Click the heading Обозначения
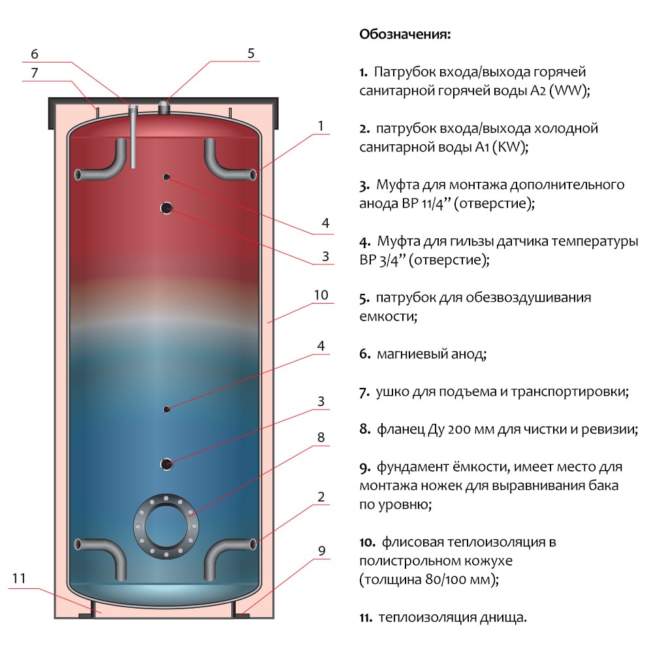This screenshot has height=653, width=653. pos(405,34)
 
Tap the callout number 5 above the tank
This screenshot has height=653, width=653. pos(251,54)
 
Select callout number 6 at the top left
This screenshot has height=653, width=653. pos(35,54)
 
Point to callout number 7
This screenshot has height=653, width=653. pos(35,73)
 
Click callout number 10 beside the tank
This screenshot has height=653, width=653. pos(321,295)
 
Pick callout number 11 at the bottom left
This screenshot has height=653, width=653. pos(19,578)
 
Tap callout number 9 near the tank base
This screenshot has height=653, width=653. pos(321,551)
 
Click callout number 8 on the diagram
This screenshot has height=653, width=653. pos(321,438)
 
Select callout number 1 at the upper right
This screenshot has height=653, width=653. pos(321,126)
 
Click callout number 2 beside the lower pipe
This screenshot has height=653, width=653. pos(321,497)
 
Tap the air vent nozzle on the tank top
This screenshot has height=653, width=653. pos(164,107)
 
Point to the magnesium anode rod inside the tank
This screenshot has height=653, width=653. pos(133,136)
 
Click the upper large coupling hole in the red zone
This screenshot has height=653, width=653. pos(167,208)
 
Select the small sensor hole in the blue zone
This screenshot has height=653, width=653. pos(167,410)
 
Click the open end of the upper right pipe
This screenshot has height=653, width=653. pos(253,174)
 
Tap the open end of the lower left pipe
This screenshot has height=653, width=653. pos(78,544)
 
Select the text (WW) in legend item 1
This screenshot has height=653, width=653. pos(569,90)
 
